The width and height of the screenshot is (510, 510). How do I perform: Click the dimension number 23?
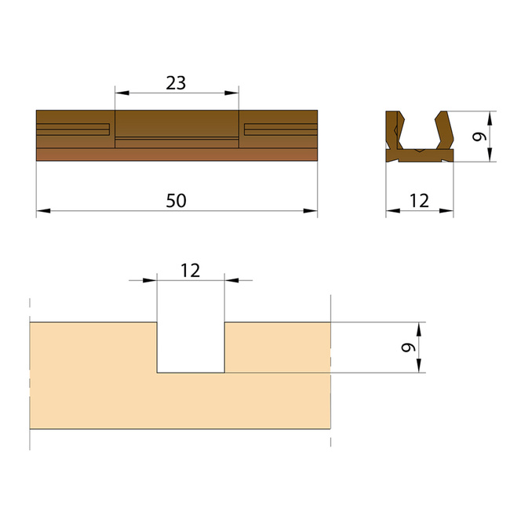176,83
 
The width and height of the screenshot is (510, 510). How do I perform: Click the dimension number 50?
176,201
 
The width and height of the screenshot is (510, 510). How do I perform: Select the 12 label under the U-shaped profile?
419,201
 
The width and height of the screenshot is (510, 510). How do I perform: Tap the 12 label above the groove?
191,271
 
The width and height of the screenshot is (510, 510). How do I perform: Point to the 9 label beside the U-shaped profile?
479,137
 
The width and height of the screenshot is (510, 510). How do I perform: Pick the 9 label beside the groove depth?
409,348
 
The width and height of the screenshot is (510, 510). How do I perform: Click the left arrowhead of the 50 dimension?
43,211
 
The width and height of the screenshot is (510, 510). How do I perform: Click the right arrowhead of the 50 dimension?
310,211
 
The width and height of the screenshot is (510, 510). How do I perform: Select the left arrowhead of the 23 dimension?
122,93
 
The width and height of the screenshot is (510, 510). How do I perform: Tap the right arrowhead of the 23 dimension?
231,93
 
